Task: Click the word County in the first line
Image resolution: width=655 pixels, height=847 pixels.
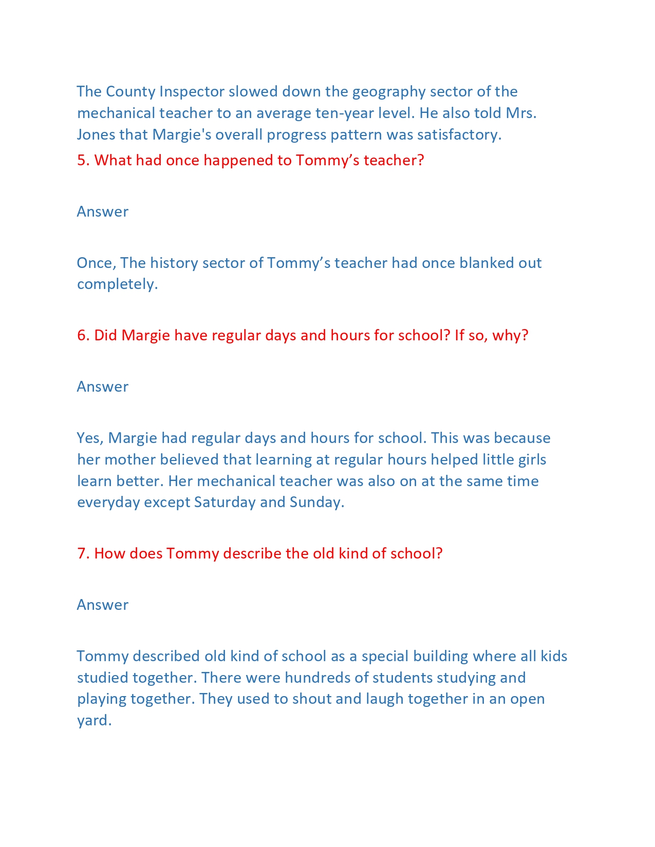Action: pyautogui.click(x=130, y=91)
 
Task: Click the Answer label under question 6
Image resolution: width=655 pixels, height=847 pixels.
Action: pyautogui.click(x=102, y=387)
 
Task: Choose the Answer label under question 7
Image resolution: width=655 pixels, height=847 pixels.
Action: pyautogui.click(x=102, y=605)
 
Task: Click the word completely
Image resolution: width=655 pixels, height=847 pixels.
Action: pyautogui.click(x=117, y=284)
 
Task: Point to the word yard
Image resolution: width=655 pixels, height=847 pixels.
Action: pyautogui.click(x=93, y=721)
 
